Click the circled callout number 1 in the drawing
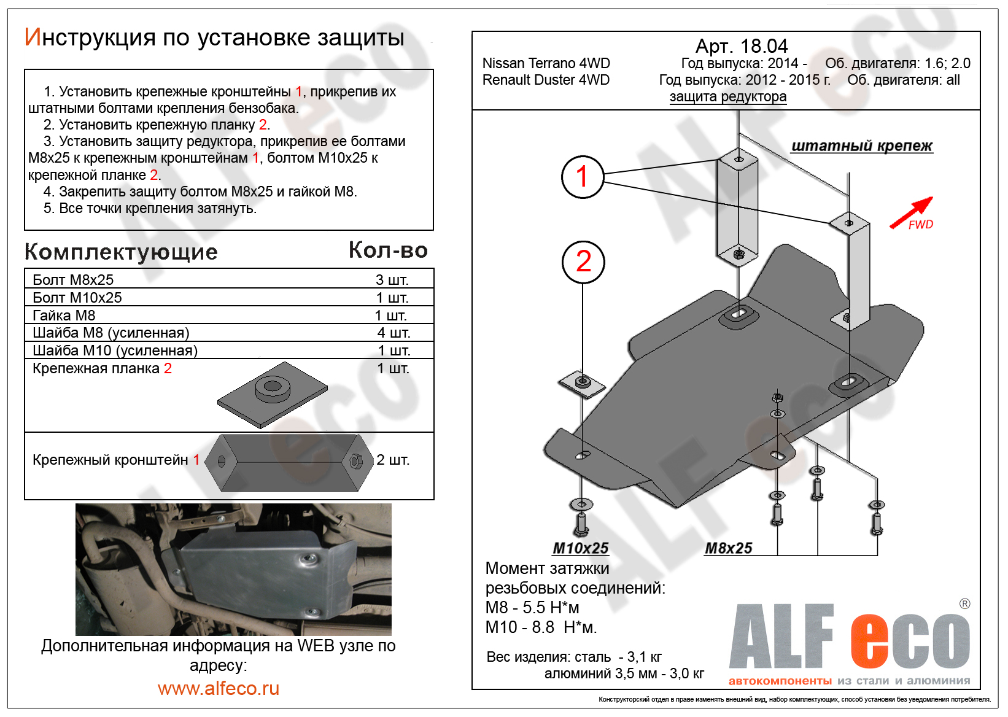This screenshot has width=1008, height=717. click(582, 177)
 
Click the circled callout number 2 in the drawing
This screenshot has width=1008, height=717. click(583, 262)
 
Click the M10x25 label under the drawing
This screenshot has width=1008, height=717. click(581, 548)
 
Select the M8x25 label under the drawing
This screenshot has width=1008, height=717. click(728, 548)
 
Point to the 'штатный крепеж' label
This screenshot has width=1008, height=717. click(861, 146)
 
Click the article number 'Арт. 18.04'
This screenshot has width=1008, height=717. click(741, 46)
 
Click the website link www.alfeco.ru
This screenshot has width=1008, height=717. click(219, 688)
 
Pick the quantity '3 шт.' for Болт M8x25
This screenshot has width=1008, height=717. click(392, 280)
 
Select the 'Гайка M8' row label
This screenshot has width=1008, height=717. click(64, 316)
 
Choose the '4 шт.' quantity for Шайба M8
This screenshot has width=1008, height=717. click(394, 333)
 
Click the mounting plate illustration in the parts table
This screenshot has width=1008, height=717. click(272, 395)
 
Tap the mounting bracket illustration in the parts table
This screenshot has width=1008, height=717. click(289, 462)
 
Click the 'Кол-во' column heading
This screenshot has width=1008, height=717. click(388, 250)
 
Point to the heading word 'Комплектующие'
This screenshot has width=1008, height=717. click(121, 252)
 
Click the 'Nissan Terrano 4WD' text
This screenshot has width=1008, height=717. click(546, 63)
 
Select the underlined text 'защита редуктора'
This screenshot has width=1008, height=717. click(727, 96)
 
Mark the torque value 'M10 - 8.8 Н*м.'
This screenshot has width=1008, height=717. click(541, 627)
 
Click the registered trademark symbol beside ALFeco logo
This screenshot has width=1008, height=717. click(964, 603)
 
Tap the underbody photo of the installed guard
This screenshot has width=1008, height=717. click(233, 569)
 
